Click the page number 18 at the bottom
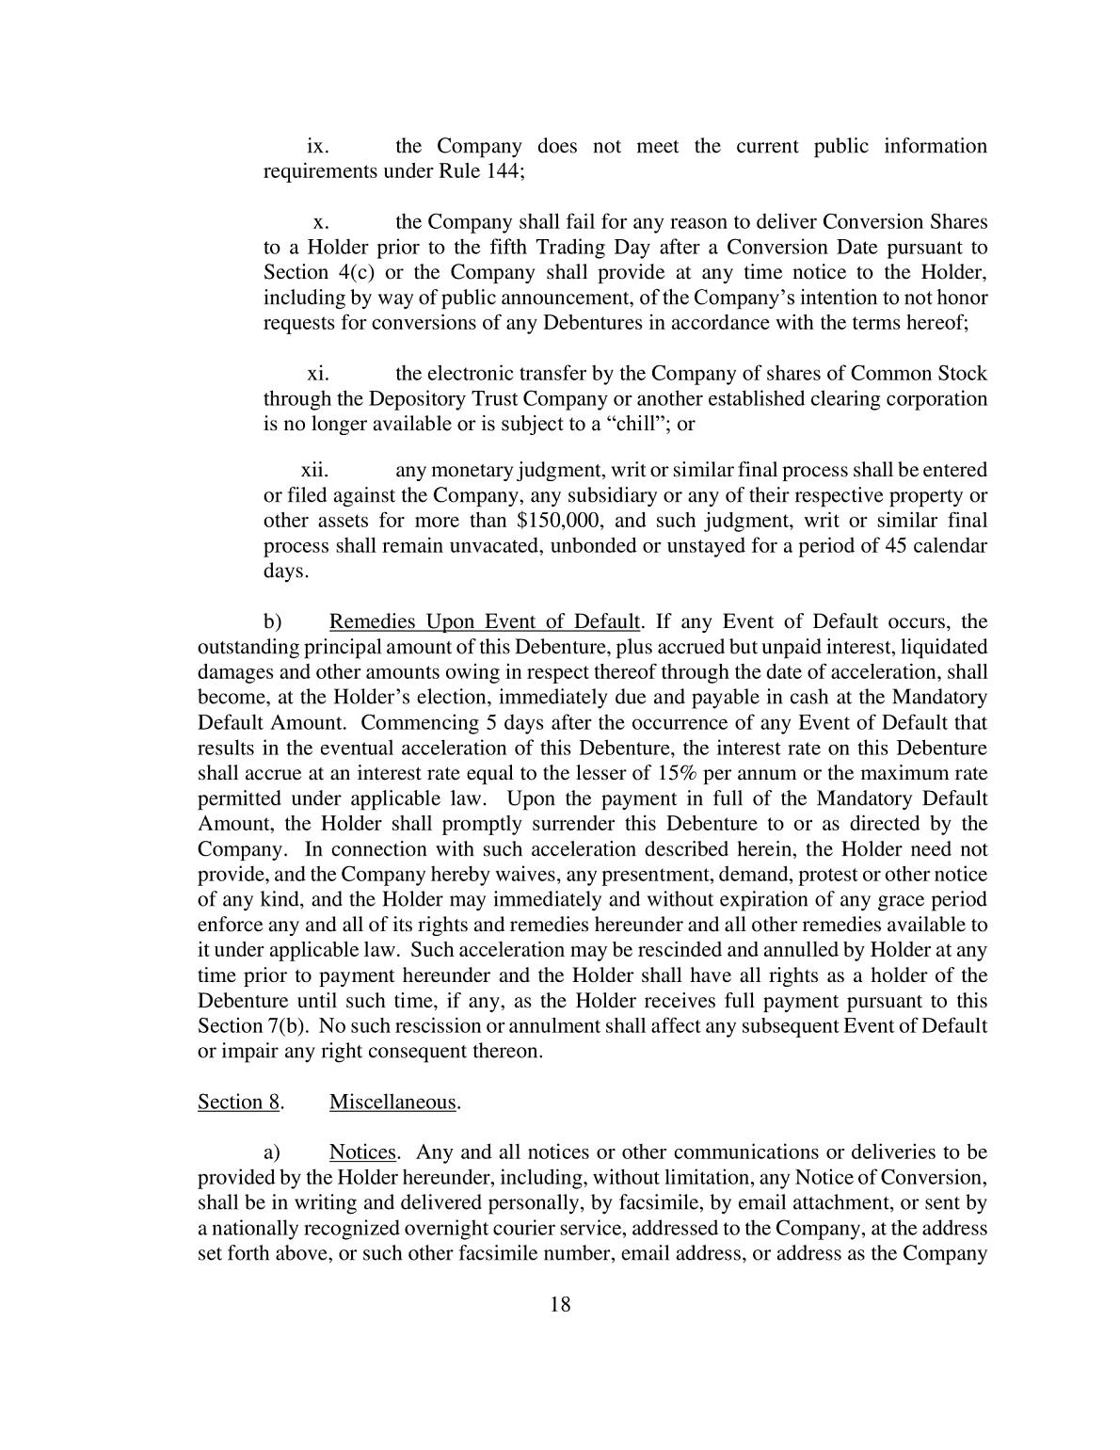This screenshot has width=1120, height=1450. (560, 1304)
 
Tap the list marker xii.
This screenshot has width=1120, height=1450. (314, 470)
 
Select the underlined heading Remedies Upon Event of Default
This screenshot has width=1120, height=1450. (485, 621)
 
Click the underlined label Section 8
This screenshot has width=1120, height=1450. (239, 1102)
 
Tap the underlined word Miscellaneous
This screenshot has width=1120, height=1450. (392, 1102)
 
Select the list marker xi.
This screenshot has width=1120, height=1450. (318, 374)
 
